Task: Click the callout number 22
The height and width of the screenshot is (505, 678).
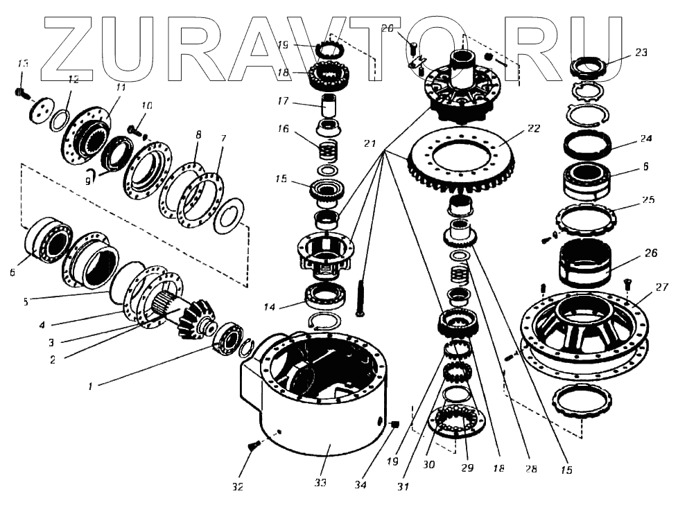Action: tap(533, 129)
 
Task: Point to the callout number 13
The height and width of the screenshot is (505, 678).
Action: tap(23, 64)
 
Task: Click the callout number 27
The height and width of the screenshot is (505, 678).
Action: tap(661, 287)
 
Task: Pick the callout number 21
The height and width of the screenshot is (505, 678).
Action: tap(370, 144)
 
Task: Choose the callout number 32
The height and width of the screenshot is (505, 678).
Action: tap(238, 487)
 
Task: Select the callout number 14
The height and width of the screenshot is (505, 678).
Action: tap(272, 306)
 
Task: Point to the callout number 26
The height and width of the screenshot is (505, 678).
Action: tap(650, 254)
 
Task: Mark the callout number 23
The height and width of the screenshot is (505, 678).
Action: tap(641, 52)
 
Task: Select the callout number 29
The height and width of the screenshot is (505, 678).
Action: tap(467, 468)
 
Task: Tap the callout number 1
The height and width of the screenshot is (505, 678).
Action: tap(89, 387)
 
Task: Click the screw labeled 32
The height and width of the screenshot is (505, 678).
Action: tap(252, 446)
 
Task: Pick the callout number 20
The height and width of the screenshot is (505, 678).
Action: tap(387, 28)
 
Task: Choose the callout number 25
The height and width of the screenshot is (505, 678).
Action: tap(647, 200)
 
